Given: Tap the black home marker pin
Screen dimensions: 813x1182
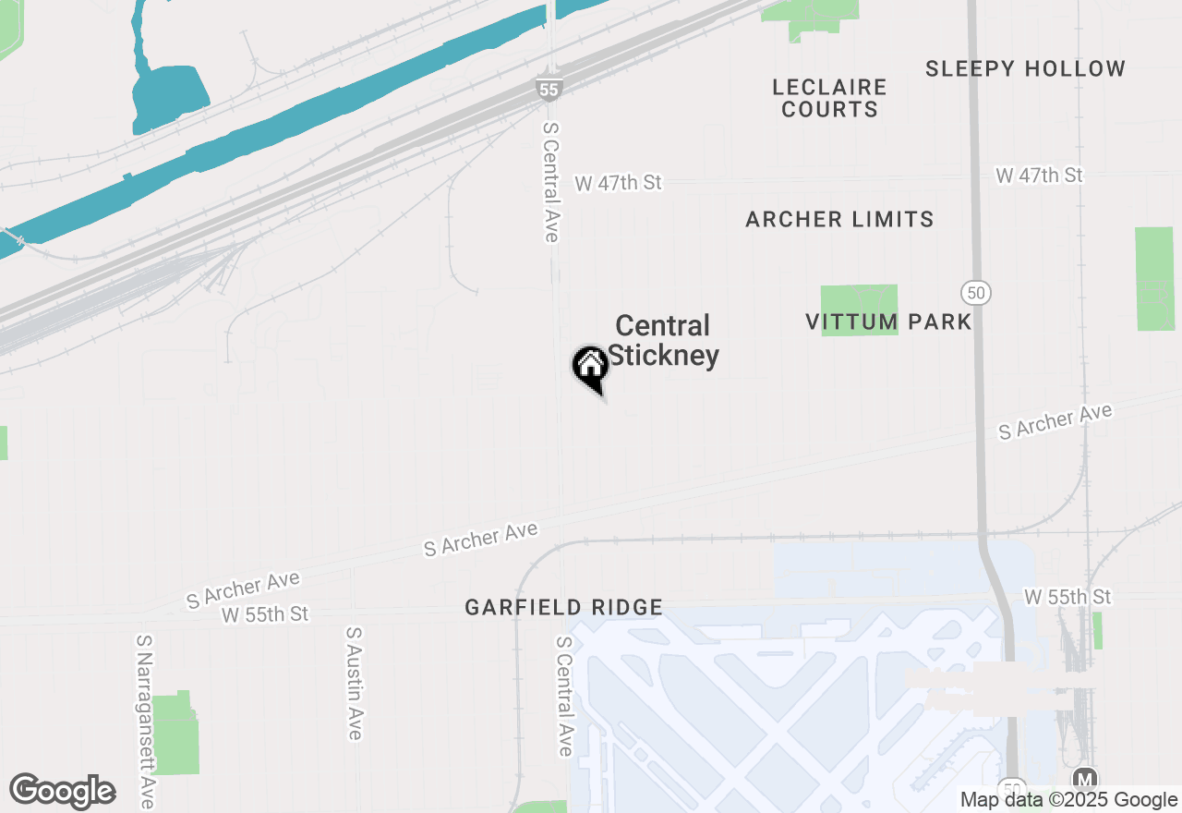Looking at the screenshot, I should click(x=590, y=367).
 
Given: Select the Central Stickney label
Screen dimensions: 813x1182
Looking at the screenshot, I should click(x=663, y=340).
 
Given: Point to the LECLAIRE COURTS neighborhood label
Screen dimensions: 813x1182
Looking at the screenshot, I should click(x=829, y=98).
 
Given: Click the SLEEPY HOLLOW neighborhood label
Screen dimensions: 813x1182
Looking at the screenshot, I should click(x=1025, y=68).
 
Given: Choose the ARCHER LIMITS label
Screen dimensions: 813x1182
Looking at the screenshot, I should click(x=839, y=219).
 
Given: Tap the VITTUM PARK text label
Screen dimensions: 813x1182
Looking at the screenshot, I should click(x=888, y=322).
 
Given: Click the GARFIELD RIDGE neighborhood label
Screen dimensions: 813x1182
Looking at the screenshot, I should click(x=563, y=607).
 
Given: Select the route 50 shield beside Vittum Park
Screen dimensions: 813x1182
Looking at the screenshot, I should click(x=975, y=293).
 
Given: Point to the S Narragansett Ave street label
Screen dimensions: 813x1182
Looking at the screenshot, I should click(x=144, y=721).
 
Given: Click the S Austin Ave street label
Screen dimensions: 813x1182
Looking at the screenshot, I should click(x=354, y=683).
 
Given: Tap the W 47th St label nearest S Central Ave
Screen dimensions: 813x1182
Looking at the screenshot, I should click(x=618, y=183).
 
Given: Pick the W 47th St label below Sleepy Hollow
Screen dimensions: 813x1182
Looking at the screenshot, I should click(x=1039, y=175).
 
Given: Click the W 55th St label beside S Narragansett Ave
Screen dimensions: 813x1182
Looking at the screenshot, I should click(x=265, y=614).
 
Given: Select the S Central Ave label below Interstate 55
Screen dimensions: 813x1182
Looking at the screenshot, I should click(x=551, y=182).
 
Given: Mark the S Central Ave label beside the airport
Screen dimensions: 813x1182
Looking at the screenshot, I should click(x=563, y=695).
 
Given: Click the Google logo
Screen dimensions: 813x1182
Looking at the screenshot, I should click(x=62, y=791).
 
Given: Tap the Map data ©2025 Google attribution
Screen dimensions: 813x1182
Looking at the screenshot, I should click(x=1068, y=800).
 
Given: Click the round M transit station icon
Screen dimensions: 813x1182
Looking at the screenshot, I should click(x=1086, y=780).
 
